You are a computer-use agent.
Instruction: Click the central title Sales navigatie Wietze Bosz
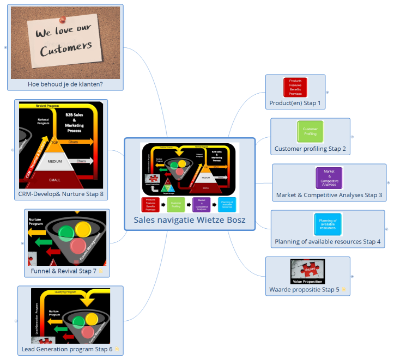190,220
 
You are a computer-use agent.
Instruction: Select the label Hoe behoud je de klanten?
65,84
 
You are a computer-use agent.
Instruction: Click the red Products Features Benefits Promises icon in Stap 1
295,87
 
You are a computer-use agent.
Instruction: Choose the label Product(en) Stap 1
295,102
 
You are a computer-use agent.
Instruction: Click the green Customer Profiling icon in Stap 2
310,131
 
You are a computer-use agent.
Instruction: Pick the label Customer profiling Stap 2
310,148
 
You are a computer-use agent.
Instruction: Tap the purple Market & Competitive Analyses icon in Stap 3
329,178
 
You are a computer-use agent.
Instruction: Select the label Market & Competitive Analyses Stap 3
329,194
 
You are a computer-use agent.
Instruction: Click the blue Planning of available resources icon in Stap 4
328,224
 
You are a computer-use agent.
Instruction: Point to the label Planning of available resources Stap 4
328,241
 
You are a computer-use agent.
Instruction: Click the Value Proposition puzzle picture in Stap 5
307,271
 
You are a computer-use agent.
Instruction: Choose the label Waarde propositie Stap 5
304,289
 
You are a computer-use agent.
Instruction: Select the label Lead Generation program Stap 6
67,349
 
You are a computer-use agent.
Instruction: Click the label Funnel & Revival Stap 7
60,271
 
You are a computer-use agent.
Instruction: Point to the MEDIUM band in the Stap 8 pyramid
55,162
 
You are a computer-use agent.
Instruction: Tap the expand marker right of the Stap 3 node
388,183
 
